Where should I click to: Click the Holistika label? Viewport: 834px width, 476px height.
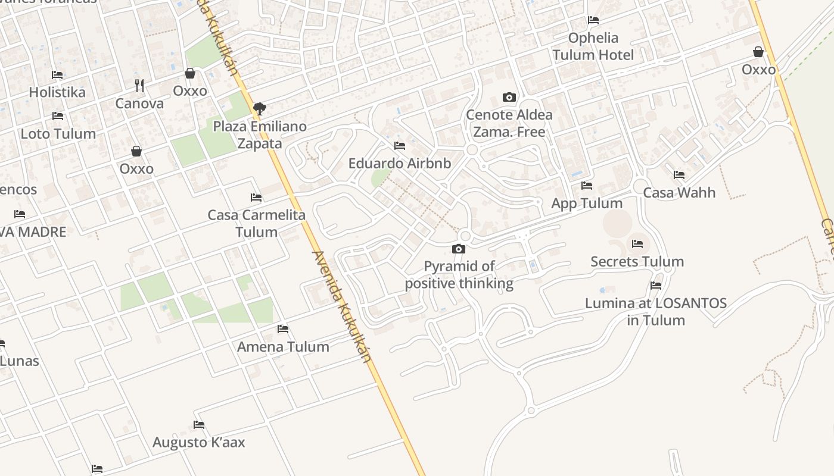click(57, 92)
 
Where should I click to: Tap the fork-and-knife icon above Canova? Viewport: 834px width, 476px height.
click(139, 86)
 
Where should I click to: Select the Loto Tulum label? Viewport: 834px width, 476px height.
click(58, 134)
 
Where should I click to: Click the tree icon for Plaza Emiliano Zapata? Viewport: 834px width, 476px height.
click(259, 109)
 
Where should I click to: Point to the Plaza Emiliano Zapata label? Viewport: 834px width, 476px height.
click(260, 135)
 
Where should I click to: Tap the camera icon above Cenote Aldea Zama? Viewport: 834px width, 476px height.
click(509, 97)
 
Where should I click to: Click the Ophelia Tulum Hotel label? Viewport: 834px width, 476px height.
click(593, 46)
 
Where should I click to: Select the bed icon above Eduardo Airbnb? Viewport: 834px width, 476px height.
click(400, 145)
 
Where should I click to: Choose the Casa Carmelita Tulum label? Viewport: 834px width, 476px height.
click(257, 223)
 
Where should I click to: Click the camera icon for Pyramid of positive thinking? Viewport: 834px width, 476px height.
click(459, 249)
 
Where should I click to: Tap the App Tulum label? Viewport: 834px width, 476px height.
click(587, 203)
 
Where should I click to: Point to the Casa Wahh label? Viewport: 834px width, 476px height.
click(679, 193)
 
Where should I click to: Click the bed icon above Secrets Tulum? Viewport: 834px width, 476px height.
click(637, 244)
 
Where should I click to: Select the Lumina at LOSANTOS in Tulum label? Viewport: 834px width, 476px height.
click(656, 311)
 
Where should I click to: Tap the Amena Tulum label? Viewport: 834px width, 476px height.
click(283, 347)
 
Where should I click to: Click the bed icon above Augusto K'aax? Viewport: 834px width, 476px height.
click(199, 425)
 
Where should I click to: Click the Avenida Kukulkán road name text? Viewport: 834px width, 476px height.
click(341, 306)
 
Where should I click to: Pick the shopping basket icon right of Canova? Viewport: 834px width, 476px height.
click(190, 73)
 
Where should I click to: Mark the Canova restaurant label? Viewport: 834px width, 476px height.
click(139, 104)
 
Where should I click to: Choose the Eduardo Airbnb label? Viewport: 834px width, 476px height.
click(400, 163)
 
